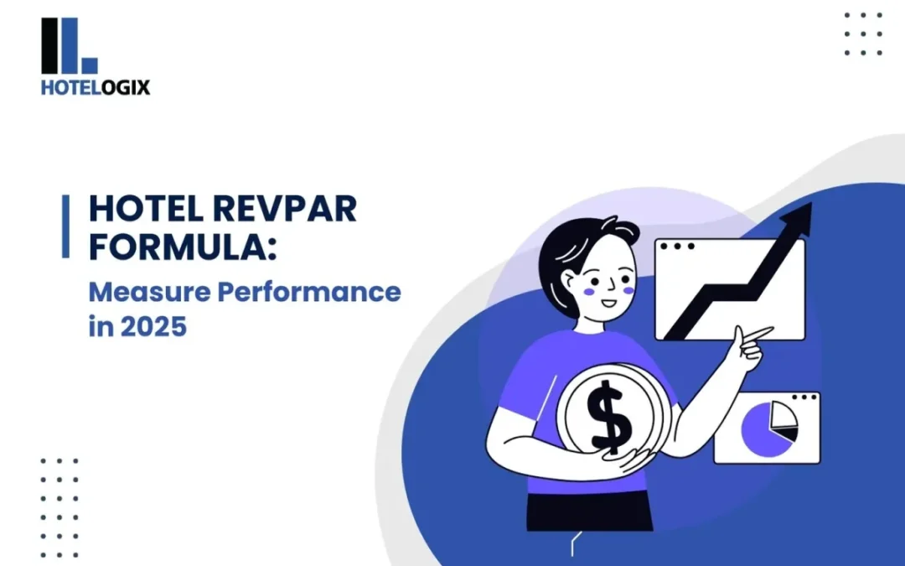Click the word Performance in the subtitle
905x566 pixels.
309,292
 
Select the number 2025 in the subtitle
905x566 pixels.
153,326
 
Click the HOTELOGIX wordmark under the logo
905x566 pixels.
96,87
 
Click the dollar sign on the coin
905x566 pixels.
609,417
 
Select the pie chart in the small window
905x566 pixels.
768,428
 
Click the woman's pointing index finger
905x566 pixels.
760,333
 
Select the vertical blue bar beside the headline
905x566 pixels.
66,226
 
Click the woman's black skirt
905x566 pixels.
589,511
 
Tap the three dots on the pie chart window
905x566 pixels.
804,397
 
